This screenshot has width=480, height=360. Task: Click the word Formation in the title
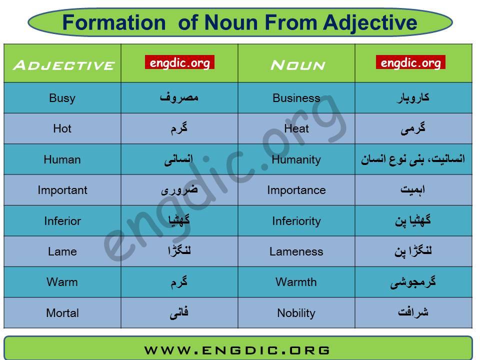click(x=114, y=22)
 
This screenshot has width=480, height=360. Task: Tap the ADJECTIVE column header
click(x=63, y=65)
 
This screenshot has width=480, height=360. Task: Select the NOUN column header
click(x=297, y=65)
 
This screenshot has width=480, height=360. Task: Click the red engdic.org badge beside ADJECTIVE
click(x=179, y=62)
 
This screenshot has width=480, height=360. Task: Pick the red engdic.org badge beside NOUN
click(x=410, y=62)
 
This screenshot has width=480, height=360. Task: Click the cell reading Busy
click(x=62, y=98)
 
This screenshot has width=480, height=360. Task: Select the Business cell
click(x=296, y=98)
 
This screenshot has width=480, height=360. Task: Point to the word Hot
click(x=62, y=128)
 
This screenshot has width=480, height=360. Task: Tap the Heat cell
click(x=296, y=128)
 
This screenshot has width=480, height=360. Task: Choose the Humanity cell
click(x=296, y=159)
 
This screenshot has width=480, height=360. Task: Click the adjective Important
click(x=62, y=190)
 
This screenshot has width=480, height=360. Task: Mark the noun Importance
click(x=296, y=190)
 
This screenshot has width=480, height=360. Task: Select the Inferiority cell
click(x=296, y=221)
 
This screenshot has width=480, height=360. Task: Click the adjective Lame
click(x=62, y=251)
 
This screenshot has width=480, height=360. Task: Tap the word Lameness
click(x=296, y=251)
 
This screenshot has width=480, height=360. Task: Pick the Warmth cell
click(x=296, y=282)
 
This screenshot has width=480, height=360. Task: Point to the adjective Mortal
click(x=62, y=313)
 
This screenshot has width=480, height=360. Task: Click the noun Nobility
click(x=296, y=313)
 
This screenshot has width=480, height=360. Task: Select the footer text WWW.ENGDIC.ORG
click(x=237, y=350)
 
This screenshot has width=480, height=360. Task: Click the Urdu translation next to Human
click(x=179, y=159)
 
